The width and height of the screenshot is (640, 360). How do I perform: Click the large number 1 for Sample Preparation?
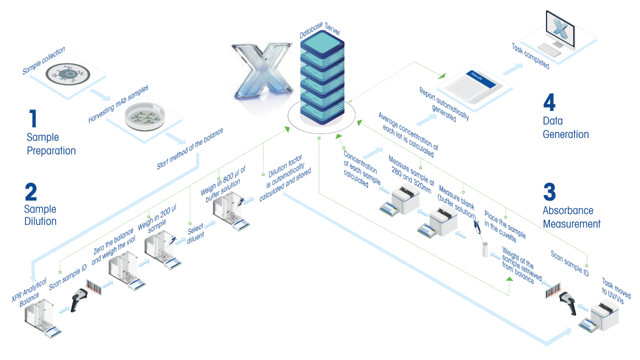pos(33,118)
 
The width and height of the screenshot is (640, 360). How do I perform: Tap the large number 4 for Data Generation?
pos(548,102)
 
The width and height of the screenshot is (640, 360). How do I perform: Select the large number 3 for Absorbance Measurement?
pos(549,192)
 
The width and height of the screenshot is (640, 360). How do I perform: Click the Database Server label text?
pos(320,30)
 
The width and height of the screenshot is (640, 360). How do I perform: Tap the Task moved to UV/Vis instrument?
pos(602,317)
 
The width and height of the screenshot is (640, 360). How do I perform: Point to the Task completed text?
pos(530,56)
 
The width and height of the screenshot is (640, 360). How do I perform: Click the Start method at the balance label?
pos(189,148)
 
